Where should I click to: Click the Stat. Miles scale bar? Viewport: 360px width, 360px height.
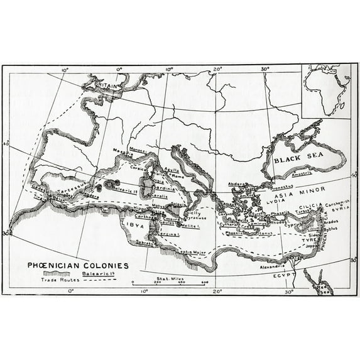(170, 281)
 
